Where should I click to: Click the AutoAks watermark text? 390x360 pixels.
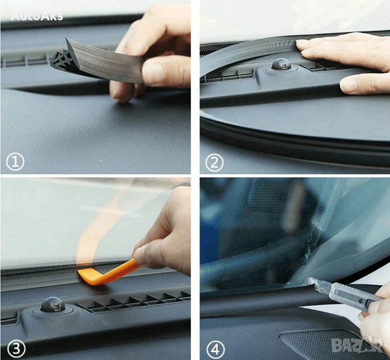tap(37, 16)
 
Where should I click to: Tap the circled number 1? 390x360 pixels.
tap(15, 162)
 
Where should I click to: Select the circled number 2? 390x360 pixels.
tap(214, 162)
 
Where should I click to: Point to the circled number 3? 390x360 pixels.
tap(16, 349)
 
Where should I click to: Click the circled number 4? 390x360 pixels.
tap(216, 349)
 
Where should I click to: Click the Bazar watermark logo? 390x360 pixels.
tap(357, 345)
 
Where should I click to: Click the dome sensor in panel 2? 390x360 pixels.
tap(281, 64)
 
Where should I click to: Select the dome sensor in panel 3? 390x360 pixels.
tap(53, 305)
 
